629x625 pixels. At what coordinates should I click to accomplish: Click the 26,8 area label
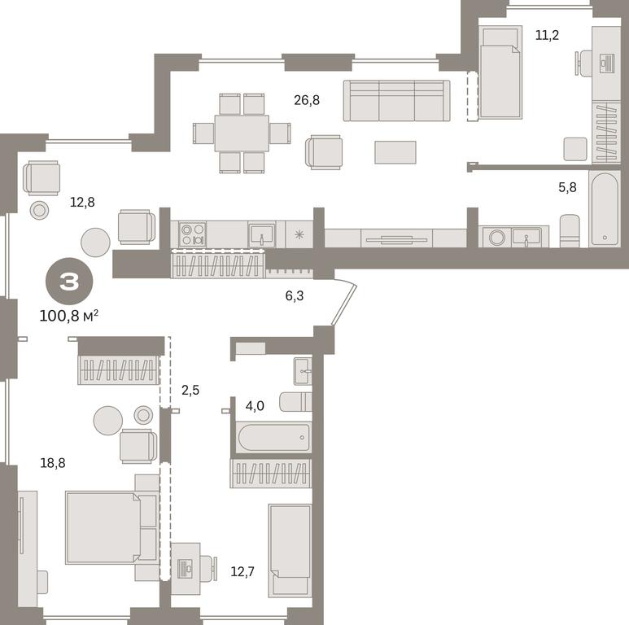[307, 100]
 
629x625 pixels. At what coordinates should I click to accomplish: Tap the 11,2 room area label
[547, 35]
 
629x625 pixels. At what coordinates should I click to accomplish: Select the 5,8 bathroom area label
[568, 187]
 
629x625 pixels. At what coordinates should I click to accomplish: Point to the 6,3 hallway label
[295, 296]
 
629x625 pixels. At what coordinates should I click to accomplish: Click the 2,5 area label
[190, 390]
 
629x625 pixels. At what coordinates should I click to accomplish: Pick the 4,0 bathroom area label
[255, 406]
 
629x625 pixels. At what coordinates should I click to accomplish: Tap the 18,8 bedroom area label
[53, 463]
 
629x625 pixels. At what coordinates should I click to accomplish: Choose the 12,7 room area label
[242, 571]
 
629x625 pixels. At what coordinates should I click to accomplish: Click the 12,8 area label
[82, 202]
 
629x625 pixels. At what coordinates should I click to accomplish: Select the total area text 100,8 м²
[68, 316]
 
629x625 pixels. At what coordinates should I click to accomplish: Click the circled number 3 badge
[70, 282]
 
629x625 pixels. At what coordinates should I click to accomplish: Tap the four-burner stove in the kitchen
[193, 234]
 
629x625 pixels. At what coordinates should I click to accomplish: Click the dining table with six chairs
[242, 133]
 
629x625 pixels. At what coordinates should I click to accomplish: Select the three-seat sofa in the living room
[397, 101]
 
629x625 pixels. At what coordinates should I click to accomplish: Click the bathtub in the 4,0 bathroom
[274, 438]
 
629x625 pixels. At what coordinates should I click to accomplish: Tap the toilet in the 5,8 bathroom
[570, 231]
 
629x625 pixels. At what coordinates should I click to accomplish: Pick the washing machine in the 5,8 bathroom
[496, 237]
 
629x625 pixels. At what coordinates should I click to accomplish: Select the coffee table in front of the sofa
[395, 152]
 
